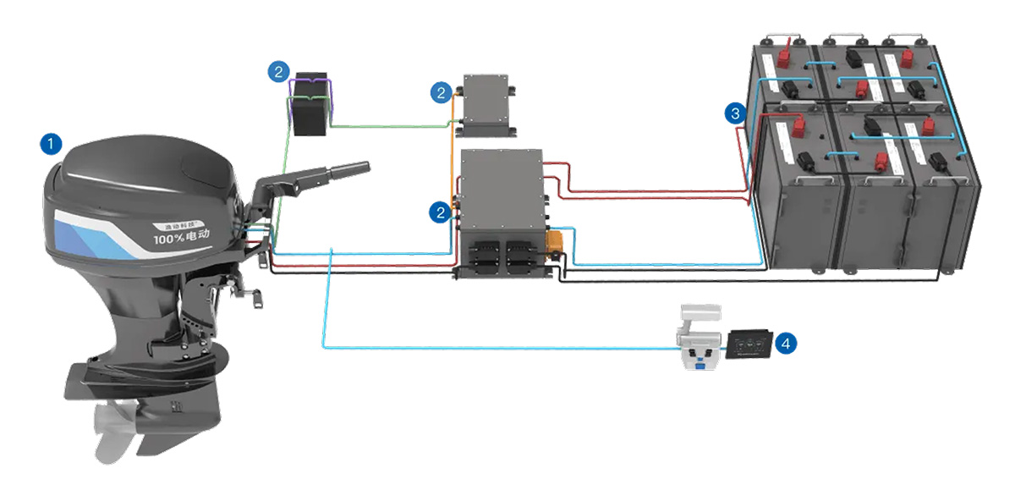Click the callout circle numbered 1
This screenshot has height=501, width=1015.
(52, 144)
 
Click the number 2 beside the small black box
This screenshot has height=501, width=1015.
(278, 71)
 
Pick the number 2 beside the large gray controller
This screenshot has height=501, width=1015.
(440, 212)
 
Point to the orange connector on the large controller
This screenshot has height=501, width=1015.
(555, 243)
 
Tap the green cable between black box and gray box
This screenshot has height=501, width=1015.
(389, 127)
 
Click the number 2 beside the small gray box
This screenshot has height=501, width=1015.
(440, 93)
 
